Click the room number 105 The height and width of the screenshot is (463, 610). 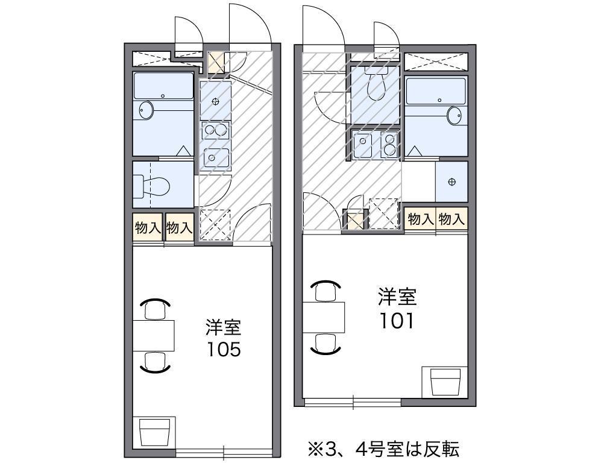click(x=224, y=350)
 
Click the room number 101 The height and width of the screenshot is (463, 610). click(x=397, y=321)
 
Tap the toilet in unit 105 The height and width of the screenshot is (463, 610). click(x=152, y=186)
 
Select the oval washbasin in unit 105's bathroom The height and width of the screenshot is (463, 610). click(x=146, y=111)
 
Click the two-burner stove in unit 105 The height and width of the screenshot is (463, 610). click(x=216, y=130)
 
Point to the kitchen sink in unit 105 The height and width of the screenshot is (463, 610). click(x=215, y=157)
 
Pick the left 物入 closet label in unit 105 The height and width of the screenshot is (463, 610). click(x=148, y=227)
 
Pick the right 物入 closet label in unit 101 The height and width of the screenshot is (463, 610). click(x=451, y=219)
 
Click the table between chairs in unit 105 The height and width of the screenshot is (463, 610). click(x=154, y=336)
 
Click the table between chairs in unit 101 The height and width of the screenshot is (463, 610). click(x=324, y=317)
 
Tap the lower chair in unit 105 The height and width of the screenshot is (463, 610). click(x=156, y=362)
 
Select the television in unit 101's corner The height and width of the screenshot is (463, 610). click(x=445, y=382)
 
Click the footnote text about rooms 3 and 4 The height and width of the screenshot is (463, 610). click(x=383, y=449)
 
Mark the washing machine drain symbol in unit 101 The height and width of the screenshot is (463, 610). click(x=451, y=181)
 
